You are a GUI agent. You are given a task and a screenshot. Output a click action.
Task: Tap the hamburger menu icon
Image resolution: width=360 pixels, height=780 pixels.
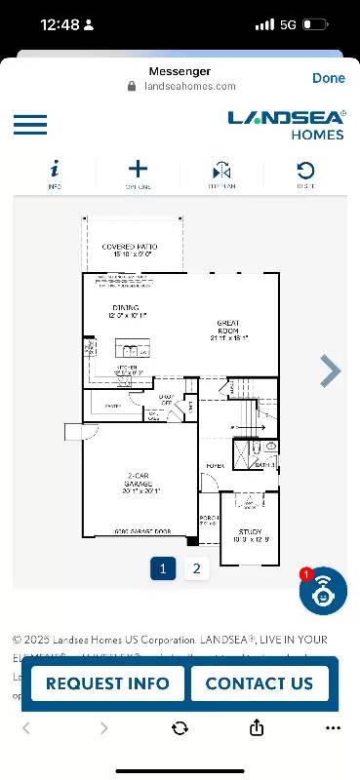(30, 125)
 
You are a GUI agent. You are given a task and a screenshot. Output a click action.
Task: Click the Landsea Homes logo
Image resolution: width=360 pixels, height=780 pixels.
(287, 124)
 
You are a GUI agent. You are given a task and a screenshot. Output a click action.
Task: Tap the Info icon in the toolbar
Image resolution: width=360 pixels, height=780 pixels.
(55, 173)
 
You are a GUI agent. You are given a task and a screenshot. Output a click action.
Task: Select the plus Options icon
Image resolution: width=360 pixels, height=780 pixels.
(139, 173)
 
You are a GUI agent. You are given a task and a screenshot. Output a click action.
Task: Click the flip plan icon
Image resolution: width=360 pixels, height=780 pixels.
(221, 173)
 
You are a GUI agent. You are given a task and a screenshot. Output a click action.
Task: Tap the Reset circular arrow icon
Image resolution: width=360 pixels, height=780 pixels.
(305, 173)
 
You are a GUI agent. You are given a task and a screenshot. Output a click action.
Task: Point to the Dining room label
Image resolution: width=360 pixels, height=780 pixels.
(126, 312)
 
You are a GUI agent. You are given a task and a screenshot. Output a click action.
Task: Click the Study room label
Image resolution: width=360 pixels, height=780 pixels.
(250, 535)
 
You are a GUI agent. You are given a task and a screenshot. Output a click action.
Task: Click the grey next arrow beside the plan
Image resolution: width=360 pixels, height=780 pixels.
(331, 370)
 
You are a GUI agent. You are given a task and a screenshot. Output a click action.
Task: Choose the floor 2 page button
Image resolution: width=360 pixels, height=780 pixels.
(196, 568)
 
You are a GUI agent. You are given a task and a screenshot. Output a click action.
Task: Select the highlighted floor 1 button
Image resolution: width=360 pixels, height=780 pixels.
(163, 568)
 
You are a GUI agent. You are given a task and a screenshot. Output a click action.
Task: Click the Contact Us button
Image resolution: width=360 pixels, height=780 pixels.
(259, 683)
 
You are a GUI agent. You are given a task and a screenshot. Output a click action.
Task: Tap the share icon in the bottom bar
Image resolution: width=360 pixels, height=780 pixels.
(257, 728)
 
